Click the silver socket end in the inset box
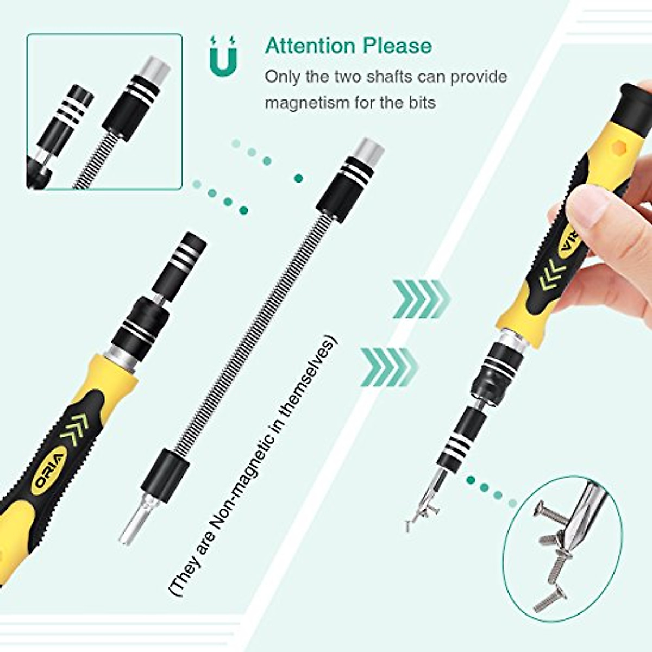pyautogui.click(x=155, y=71)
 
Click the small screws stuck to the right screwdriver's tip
pyautogui.click(x=418, y=513)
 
